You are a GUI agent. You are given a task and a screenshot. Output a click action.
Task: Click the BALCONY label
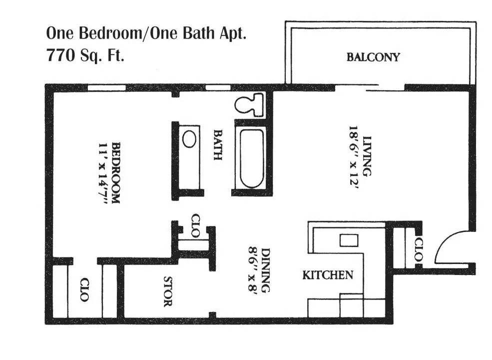[373, 57]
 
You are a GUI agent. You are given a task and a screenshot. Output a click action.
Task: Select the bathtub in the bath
[252, 158]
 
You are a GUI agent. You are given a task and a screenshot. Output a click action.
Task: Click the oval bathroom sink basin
[189, 139]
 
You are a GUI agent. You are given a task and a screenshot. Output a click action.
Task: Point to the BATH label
[218, 145]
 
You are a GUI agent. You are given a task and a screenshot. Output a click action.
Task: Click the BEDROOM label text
[115, 172]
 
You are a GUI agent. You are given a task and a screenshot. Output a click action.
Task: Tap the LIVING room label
[367, 156]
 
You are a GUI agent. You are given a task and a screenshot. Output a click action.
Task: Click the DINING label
[265, 270]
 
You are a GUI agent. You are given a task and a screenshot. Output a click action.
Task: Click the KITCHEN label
[328, 275]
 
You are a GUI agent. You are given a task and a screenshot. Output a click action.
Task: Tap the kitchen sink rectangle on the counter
[349, 240]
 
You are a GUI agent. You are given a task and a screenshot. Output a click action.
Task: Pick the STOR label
[168, 291]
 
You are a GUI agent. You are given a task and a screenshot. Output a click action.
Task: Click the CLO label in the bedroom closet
[84, 289]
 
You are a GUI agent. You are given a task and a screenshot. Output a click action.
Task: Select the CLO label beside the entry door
[418, 249]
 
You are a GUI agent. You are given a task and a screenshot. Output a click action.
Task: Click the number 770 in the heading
[61, 55]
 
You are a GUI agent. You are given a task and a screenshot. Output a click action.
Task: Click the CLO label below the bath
[195, 225]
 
